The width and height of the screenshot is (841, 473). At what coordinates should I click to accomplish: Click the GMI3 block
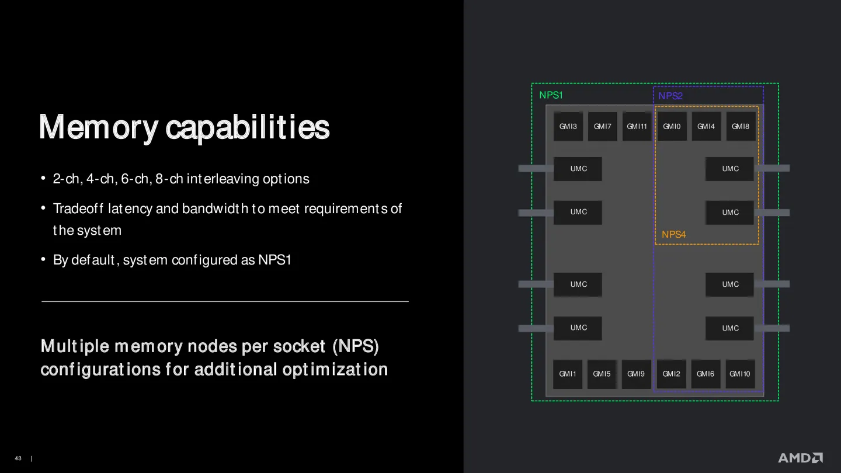pos(568,127)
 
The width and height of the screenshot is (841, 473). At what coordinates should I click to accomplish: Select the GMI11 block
pos(637,127)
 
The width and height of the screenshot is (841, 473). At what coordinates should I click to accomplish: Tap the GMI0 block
pos(672,127)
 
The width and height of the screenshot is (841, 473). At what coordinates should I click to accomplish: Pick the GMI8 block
pos(741,127)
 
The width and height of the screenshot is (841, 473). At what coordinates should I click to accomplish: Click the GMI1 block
pos(567,374)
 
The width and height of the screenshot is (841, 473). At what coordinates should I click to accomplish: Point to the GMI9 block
pos(636,374)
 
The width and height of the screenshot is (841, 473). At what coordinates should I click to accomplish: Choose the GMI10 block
pos(739,374)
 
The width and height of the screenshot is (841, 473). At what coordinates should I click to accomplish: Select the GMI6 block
pos(706,374)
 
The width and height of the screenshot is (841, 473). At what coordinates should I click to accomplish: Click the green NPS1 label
pos(551,95)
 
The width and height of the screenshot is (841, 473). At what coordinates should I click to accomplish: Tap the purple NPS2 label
pos(670,96)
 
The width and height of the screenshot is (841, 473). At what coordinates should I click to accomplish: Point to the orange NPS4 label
pos(673,235)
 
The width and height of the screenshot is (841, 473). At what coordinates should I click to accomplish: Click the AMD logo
pos(801,458)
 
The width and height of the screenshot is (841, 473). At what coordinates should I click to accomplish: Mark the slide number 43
pos(18,458)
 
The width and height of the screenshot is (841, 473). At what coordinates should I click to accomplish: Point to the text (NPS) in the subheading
pos(356,346)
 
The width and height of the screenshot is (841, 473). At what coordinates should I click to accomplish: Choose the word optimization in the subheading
pos(335,370)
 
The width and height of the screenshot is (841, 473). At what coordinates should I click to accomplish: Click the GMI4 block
pos(706,127)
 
